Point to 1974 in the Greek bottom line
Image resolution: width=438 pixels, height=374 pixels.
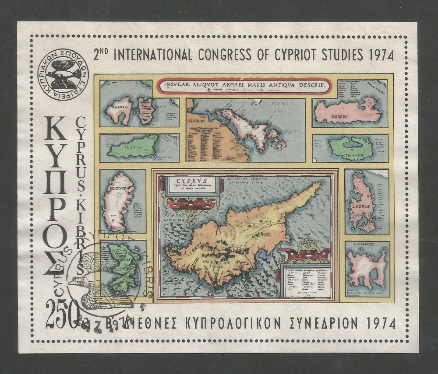(380, 323)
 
